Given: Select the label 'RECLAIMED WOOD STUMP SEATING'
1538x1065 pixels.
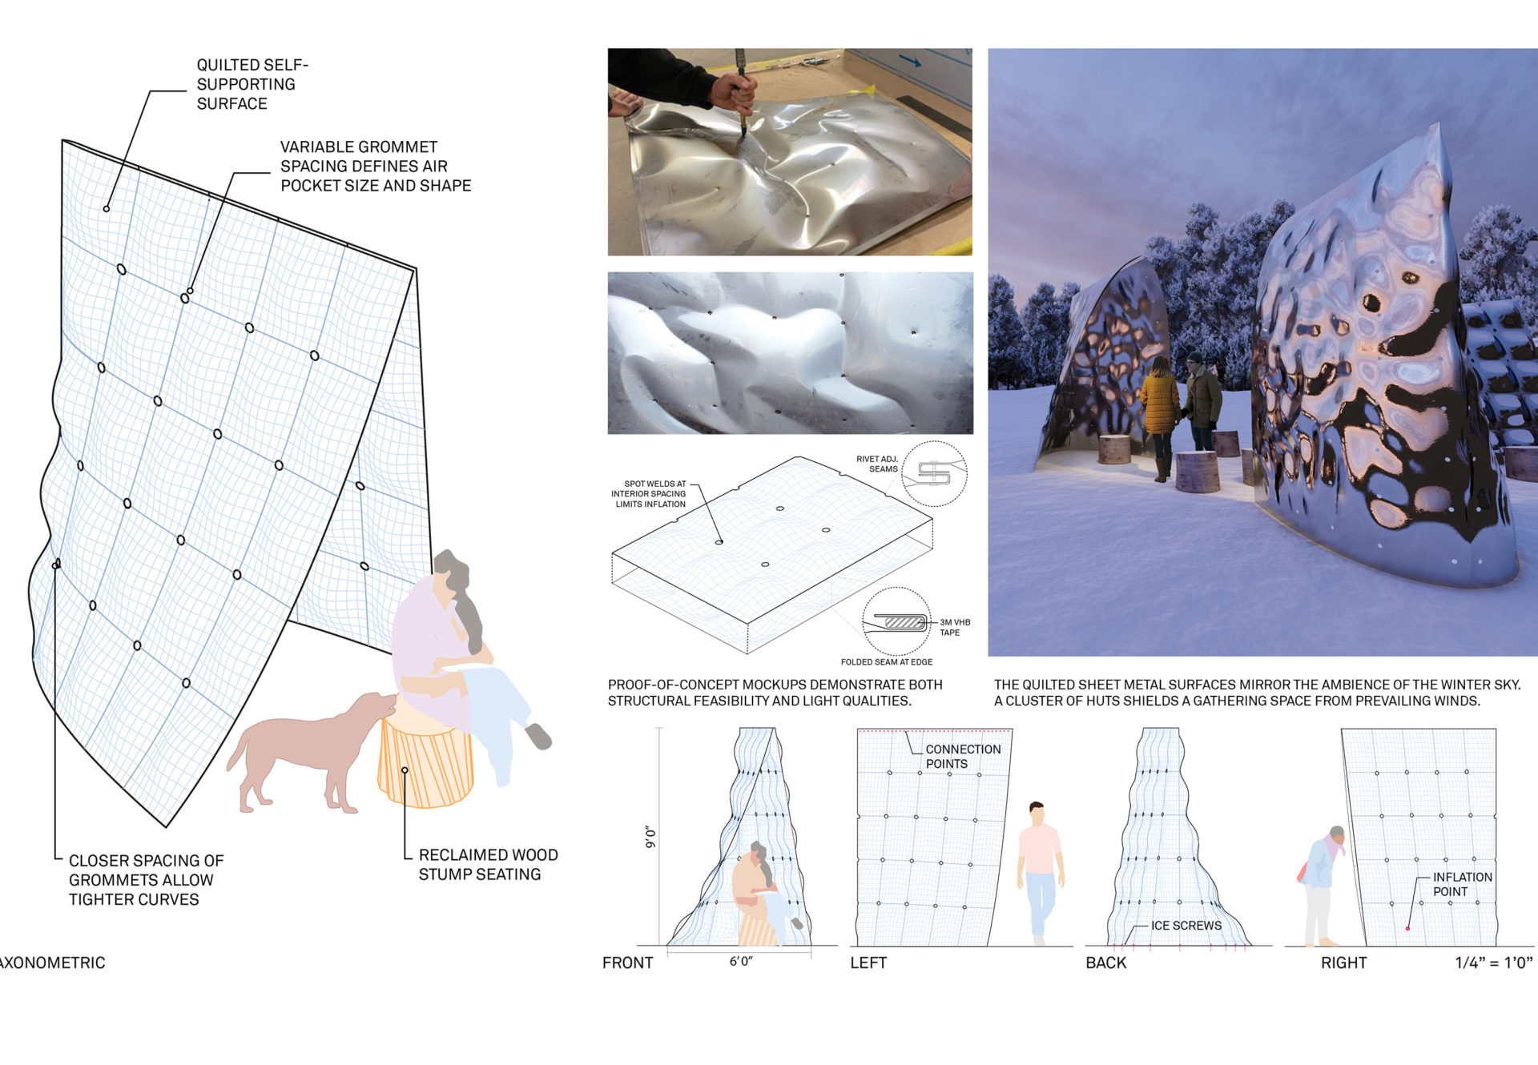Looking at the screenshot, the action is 488,865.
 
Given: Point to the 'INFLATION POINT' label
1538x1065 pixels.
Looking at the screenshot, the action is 1462,884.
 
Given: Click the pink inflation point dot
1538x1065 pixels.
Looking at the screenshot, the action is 1407,928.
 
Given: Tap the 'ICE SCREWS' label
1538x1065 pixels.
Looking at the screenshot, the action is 1186,926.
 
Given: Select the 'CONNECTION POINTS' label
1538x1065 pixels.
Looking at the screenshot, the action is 963,756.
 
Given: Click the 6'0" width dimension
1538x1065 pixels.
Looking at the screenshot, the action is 741,961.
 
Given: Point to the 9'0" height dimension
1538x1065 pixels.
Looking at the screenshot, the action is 650,838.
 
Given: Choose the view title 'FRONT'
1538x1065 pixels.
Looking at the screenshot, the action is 627,963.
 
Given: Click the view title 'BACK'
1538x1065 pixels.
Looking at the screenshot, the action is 1105,963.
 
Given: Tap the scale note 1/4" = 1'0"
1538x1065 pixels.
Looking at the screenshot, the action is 1493,963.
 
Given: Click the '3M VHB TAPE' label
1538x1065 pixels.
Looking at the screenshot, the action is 955,627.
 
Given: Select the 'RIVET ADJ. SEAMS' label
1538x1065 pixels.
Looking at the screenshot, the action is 877,464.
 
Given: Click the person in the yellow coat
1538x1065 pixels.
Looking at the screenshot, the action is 1160,416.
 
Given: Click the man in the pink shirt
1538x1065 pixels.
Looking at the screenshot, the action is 1039,873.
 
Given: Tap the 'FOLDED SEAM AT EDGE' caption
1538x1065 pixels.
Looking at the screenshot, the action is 886,662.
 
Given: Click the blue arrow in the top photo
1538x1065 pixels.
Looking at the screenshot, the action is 909,60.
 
